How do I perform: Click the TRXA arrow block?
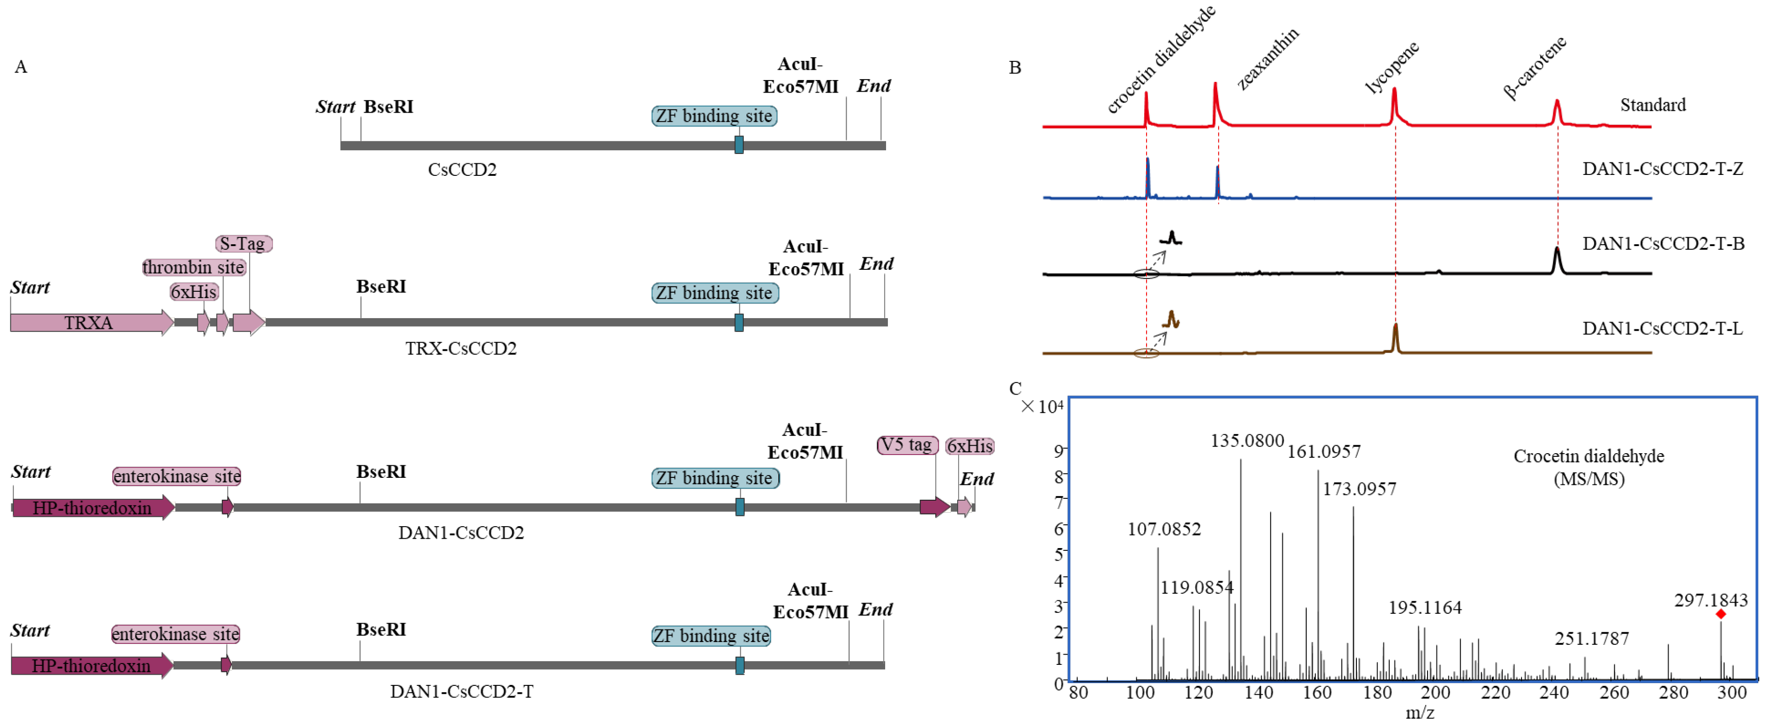89,322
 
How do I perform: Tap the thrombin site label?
194,267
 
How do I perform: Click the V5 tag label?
907,445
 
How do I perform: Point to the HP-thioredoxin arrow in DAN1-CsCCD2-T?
91,665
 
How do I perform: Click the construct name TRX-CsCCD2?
461,348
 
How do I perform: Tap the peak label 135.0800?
1246,441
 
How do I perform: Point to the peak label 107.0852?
1164,529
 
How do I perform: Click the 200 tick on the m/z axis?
1435,692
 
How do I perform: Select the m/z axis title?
1419,713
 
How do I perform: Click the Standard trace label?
1652,105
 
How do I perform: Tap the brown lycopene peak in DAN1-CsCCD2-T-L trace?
1395,336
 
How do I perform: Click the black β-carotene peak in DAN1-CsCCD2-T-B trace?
1557,259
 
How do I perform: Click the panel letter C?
1015,389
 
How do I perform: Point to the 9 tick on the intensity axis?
1058,451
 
